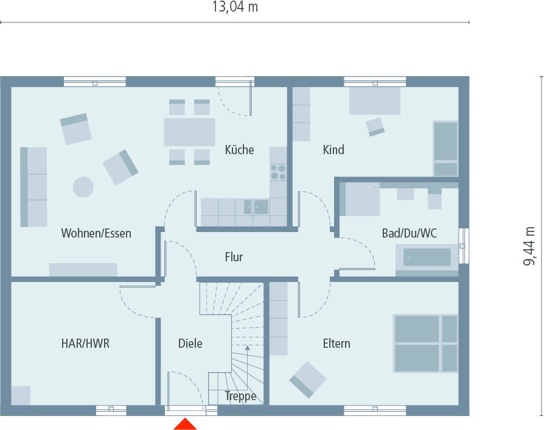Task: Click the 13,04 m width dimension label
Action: click(x=234, y=7)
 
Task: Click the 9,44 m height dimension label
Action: click(x=529, y=246)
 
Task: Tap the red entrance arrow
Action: click(x=185, y=424)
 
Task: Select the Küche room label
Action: click(x=239, y=150)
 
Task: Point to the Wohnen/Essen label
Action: click(x=96, y=233)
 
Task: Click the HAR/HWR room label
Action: click(x=85, y=344)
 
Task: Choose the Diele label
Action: click(x=190, y=344)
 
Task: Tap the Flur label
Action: click(x=234, y=257)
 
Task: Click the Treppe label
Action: click(x=240, y=397)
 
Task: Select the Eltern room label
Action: click(x=337, y=344)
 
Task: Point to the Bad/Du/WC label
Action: click(x=409, y=233)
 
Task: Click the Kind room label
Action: click(x=333, y=150)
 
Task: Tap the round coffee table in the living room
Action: click(x=83, y=186)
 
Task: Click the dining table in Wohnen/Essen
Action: click(x=189, y=132)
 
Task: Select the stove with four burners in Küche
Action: click(x=278, y=172)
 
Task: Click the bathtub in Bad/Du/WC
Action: click(x=427, y=258)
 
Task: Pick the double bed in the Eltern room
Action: click(x=425, y=343)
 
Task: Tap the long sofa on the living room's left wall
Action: click(x=33, y=186)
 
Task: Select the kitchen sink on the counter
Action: click(x=261, y=207)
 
